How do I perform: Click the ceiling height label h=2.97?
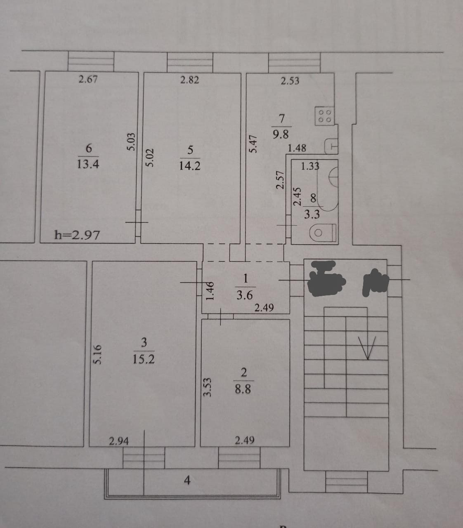[77, 235]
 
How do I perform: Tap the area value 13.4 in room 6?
[88, 164]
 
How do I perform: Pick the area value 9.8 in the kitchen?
[281, 134]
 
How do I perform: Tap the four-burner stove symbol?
[324, 116]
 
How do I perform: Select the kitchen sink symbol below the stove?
[332, 146]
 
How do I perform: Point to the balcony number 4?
[187, 480]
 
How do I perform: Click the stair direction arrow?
[367, 346]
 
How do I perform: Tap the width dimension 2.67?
[88, 79]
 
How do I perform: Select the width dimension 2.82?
[189, 80]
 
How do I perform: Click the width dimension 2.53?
[290, 81]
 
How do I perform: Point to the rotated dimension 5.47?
[254, 144]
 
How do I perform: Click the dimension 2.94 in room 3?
[119, 441]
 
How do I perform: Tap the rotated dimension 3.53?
[208, 388]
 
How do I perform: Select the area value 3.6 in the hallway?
[245, 295]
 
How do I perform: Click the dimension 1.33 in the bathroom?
[310, 166]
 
